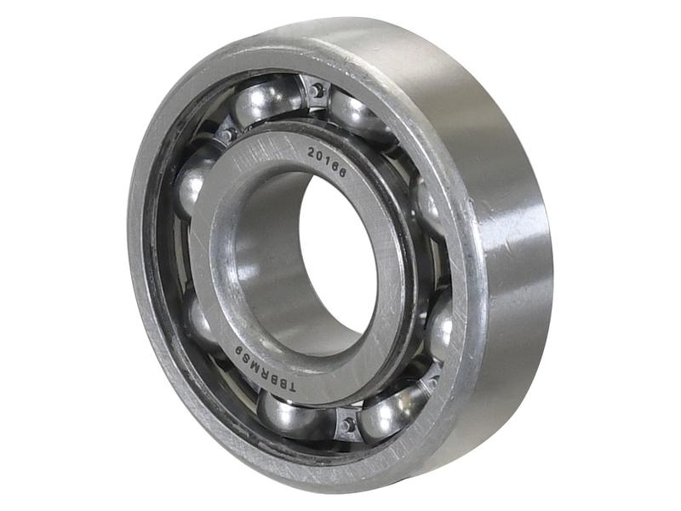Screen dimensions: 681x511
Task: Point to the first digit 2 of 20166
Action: [x=312, y=152]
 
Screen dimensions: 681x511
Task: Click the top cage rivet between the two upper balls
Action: [x=316, y=91]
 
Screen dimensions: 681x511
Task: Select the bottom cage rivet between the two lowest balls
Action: [x=346, y=424]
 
